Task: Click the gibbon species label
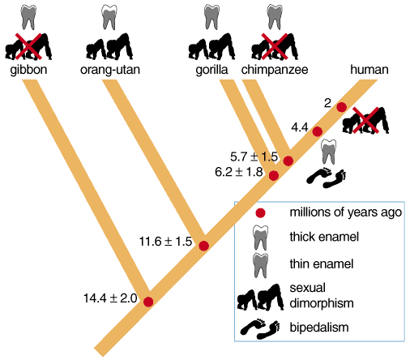[x=28, y=70]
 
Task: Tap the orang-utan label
[x=110, y=70]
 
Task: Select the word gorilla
[x=211, y=70]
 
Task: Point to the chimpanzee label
[x=275, y=70]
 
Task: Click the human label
[x=369, y=70]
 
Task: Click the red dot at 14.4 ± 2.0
[x=148, y=302]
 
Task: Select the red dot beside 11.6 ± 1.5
[x=203, y=246]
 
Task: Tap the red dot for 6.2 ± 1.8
[x=273, y=176]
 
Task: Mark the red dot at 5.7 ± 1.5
[x=288, y=161]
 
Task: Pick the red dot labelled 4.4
[x=318, y=131]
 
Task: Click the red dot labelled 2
[x=341, y=107]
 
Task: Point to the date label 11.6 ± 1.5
[x=165, y=242]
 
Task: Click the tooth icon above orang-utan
[x=109, y=17]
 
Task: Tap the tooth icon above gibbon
[x=28, y=17]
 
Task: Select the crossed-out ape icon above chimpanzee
[x=275, y=46]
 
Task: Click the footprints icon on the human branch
[x=327, y=178]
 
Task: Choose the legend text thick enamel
[x=324, y=237]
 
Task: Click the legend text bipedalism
[x=319, y=328]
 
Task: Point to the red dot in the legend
[x=260, y=213]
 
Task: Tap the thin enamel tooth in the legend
[x=261, y=266]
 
